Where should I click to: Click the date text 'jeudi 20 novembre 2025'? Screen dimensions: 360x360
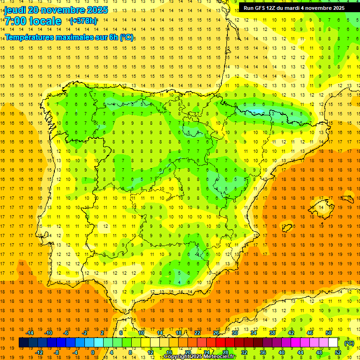tap(56, 10)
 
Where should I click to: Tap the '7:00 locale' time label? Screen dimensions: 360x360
tap(33, 21)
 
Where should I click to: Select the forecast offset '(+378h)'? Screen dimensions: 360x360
tap(83, 21)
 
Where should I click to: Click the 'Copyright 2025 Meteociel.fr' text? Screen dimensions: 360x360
tap(199, 357)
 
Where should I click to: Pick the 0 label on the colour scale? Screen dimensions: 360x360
tap(93, 352)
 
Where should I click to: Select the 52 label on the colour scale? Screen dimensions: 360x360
tap(338, 352)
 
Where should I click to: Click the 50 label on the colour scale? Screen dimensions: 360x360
tap(329, 333)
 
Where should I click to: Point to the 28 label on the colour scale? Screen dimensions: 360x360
tap(225, 352)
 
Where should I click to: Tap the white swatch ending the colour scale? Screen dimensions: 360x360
tap(333, 343)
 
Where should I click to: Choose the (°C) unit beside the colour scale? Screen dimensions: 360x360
tap(349, 343)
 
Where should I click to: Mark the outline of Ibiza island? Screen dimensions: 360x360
tap(287, 228)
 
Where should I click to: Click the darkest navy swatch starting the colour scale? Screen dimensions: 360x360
tap(23, 343)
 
